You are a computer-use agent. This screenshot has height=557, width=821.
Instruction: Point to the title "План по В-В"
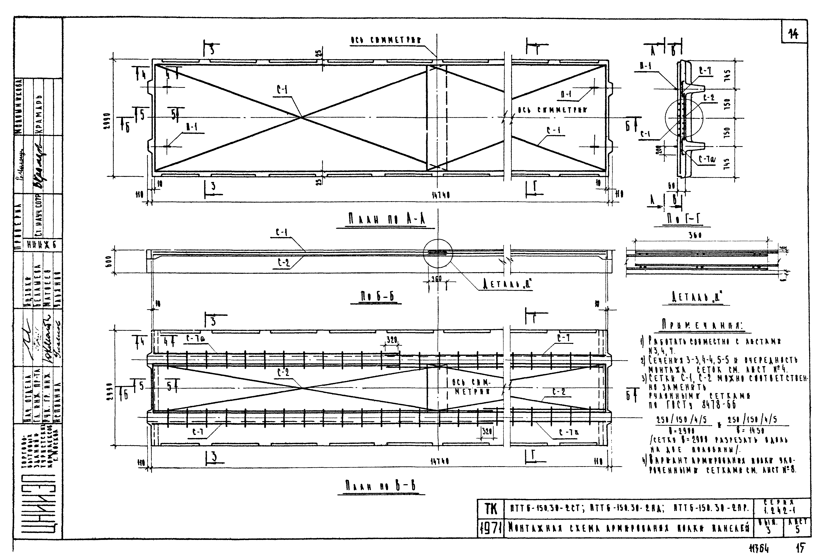(x=381, y=487)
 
